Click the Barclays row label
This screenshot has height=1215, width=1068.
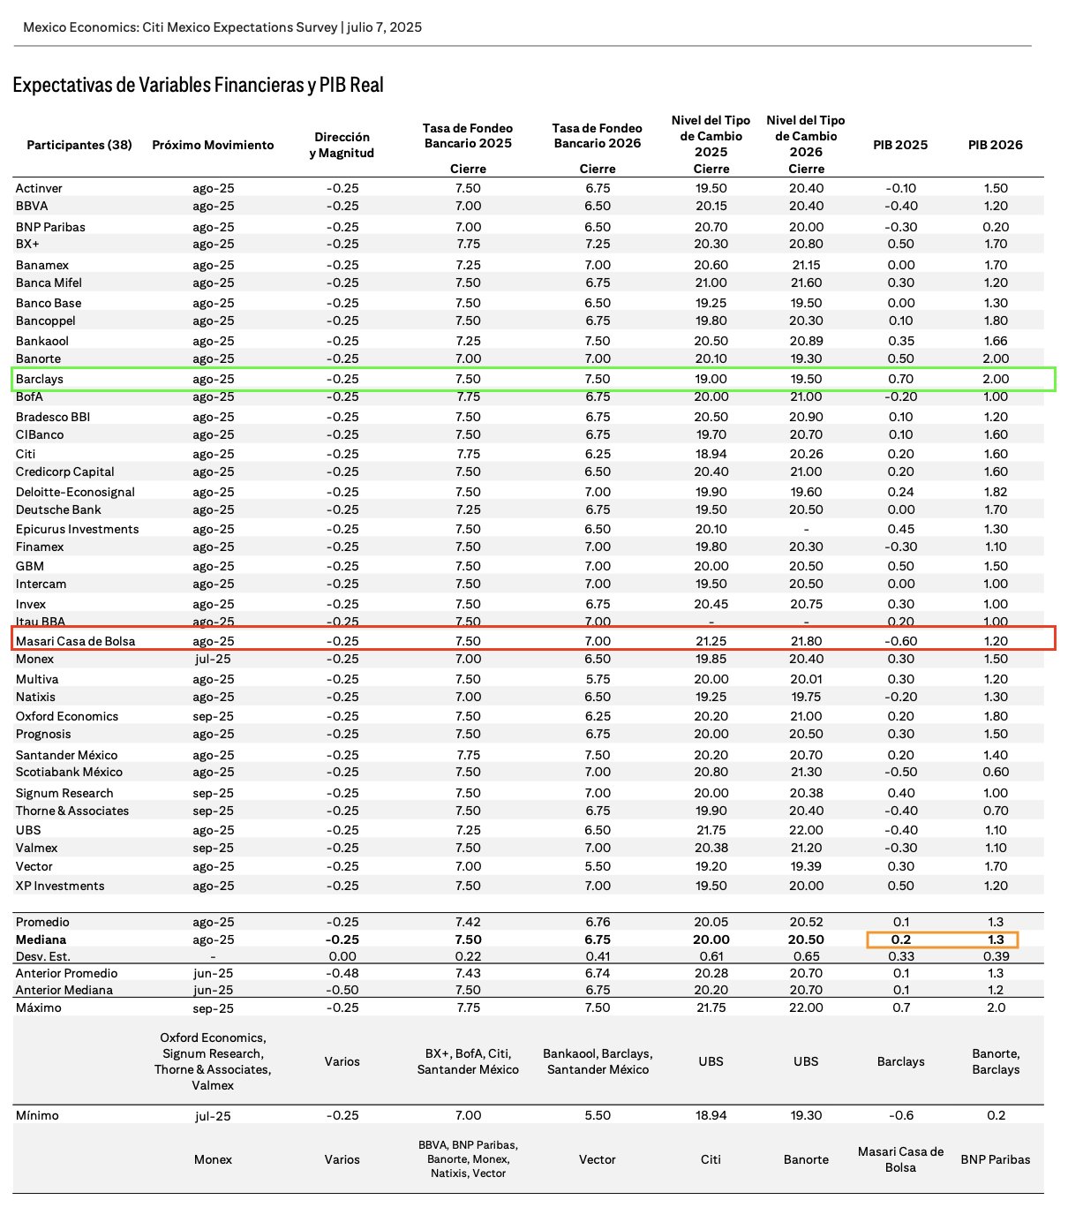click(x=40, y=379)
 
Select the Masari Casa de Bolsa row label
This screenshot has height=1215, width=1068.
click(x=75, y=641)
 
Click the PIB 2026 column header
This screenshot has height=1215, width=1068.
click(x=995, y=145)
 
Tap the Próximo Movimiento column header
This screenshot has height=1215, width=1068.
click(x=213, y=145)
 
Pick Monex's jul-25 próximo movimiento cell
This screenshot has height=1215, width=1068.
click(x=213, y=659)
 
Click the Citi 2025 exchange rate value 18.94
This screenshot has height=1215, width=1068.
click(x=711, y=454)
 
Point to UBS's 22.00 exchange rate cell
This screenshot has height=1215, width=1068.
click(x=806, y=830)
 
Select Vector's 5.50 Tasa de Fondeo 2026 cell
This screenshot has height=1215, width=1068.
click(x=598, y=866)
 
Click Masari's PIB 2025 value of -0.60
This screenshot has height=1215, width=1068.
click(x=900, y=641)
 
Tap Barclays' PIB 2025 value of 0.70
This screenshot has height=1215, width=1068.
click(x=900, y=379)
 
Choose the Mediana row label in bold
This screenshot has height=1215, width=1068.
click(x=41, y=940)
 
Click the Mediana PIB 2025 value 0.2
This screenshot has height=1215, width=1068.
click(x=900, y=940)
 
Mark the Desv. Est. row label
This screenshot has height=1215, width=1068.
click(x=43, y=956)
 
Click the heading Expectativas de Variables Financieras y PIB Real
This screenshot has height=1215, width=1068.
click(x=199, y=86)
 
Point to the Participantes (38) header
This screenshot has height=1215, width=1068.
click(x=79, y=145)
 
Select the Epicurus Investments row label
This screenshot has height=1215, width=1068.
click(x=77, y=529)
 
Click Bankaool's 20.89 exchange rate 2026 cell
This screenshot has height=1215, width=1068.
click(x=806, y=341)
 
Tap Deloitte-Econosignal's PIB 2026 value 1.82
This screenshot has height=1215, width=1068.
click(x=995, y=492)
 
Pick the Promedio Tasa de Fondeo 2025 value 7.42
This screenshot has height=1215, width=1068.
click(x=468, y=922)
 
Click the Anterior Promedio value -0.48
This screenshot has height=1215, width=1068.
click(x=342, y=973)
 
